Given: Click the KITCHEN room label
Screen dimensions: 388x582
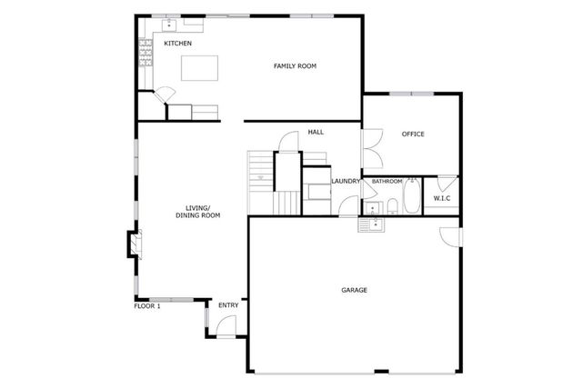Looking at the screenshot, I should click(x=177, y=44).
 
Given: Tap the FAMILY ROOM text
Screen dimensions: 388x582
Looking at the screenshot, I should click(x=295, y=65).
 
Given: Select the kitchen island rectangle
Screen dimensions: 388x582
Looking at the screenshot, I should click(x=200, y=68).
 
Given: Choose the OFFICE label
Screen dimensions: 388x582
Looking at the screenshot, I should click(x=413, y=134).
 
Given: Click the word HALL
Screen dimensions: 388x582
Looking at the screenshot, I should click(x=316, y=133).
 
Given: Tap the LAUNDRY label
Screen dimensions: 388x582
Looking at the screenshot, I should click(x=346, y=181).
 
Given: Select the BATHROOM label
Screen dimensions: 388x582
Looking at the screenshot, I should click(x=386, y=181).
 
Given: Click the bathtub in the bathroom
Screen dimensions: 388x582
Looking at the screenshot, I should click(x=411, y=196).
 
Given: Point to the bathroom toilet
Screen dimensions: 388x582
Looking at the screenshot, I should click(x=392, y=204).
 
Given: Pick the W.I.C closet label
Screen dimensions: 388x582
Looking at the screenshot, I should click(x=442, y=198).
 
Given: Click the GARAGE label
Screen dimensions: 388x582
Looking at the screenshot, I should click(x=354, y=290).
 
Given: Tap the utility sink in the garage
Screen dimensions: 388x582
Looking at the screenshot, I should click(x=373, y=223).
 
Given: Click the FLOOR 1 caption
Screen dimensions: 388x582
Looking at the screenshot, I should click(x=146, y=306).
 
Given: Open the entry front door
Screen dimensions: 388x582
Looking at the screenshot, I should click(x=228, y=325).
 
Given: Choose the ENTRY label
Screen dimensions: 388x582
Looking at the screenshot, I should click(x=227, y=305).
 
